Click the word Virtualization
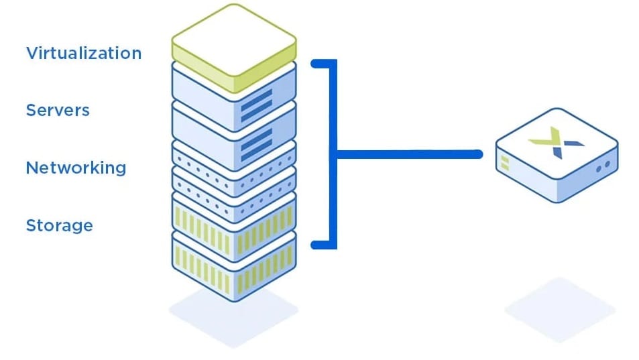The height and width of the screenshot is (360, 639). pos(84,53)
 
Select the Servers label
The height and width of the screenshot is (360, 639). pos(58,110)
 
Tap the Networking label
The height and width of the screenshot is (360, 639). pos(76,168)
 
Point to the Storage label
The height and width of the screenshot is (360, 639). pos(59,225)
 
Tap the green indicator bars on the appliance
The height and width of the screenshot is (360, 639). pos(504,162)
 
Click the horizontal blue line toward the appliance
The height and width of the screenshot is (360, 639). pos(409,154)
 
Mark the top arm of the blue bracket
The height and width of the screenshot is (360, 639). pos(323,64)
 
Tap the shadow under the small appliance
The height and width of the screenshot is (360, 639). pos(560,308)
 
